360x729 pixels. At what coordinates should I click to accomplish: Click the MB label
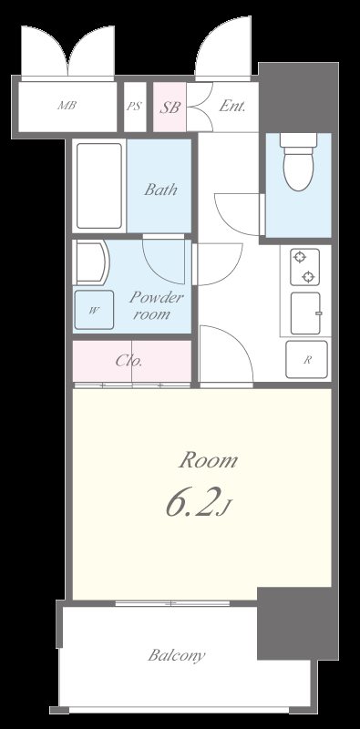(67, 106)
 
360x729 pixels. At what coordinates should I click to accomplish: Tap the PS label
(134, 107)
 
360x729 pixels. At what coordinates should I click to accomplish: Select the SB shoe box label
(170, 108)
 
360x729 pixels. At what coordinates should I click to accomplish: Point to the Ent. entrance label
(232, 107)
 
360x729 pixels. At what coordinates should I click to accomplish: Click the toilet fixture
(299, 162)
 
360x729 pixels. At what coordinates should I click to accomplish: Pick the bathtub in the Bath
(99, 186)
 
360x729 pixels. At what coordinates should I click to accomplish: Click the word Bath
(160, 190)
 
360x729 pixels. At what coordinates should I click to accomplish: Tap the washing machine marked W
(94, 310)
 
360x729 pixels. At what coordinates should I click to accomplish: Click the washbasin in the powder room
(91, 262)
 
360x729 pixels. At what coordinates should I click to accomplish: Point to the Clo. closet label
(129, 361)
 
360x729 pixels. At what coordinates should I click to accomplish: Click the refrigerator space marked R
(306, 359)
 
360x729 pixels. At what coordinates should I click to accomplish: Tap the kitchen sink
(305, 313)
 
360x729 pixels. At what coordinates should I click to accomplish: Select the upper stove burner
(299, 257)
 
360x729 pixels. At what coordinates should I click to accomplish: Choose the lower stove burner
(309, 277)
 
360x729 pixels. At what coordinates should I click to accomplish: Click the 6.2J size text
(198, 505)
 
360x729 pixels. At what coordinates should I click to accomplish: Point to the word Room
(208, 460)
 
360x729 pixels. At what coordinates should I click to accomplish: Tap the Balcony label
(176, 655)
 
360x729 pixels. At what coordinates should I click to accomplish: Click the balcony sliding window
(172, 603)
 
